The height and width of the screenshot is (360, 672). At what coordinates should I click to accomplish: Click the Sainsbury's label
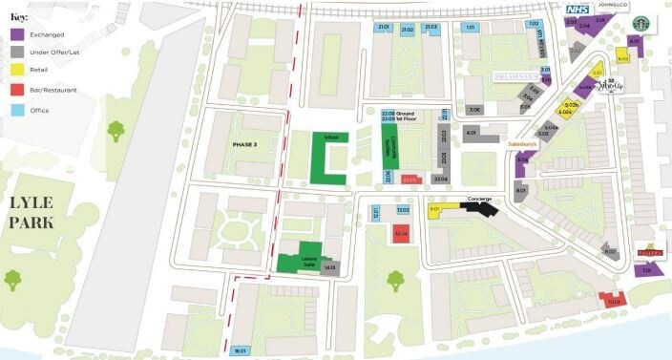tap(524, 143)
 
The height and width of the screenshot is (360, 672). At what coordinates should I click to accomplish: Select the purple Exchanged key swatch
tap(18, 35)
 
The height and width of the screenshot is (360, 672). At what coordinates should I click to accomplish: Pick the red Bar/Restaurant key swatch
tap(18, 90)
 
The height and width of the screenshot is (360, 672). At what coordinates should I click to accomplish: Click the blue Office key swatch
tap(18, 109)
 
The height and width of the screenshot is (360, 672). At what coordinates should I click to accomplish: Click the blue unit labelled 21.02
tap(407, 31)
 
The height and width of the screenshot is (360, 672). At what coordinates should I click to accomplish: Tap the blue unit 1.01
tap(470, 28)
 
